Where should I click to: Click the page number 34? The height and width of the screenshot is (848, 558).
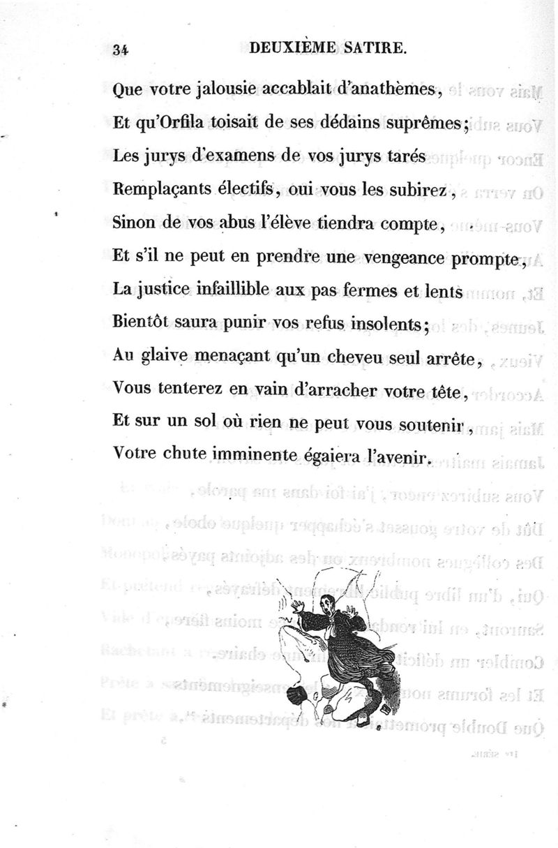[121, 49]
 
